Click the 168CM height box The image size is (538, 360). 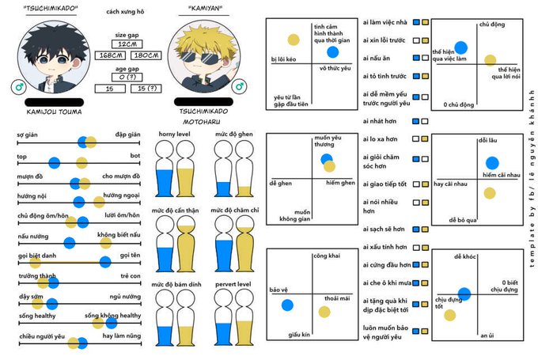click(x=108, y=55)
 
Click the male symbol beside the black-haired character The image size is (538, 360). click(x=18, y=85)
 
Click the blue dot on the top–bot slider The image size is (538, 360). click(x=54, y=163)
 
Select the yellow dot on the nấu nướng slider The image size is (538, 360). click(x=70, y=242)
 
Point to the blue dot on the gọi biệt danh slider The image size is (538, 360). click(x=104, y=262)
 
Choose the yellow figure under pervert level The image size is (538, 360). click(x=242, y=320)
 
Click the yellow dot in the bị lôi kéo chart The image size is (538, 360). click(x=293, y=40)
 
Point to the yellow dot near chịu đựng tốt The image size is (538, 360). click(x=450, y=315)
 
